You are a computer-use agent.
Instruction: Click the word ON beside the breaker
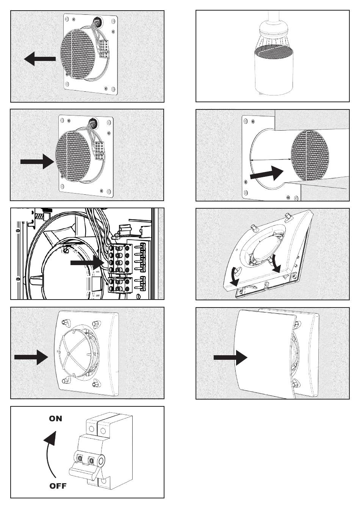pyautogui.click(x=55, y=419)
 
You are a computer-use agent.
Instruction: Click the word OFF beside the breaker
pyautogui.click(x=58, y=486)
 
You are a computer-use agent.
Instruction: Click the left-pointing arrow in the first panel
pyautogui.click(x=39, y=59)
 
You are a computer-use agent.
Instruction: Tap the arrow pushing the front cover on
pyautogui.click(x=230, y=357)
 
